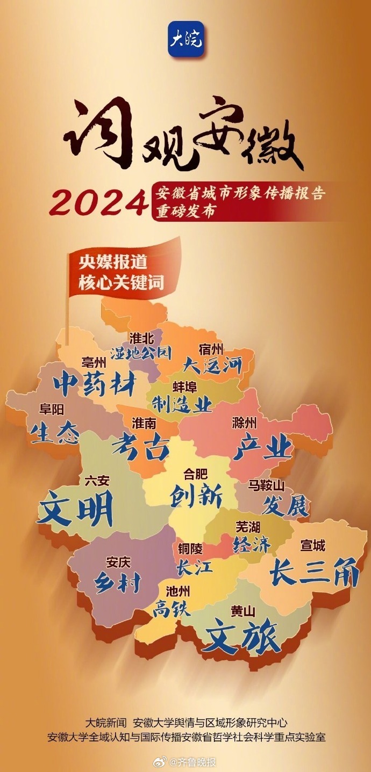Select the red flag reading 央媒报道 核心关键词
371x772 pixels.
click(x=122, y=273)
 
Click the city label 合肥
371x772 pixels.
click(x=195, y=475)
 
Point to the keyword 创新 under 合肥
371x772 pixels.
click(x=196, y=497)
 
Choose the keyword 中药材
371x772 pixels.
click(x=95, y=384)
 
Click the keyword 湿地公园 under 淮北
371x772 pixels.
click(x=141, y=353)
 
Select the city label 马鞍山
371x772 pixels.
click(x=266, y=486)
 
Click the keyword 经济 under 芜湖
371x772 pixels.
click(x=252, y=545)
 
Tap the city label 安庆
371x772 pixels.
click(x=118, y=563)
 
